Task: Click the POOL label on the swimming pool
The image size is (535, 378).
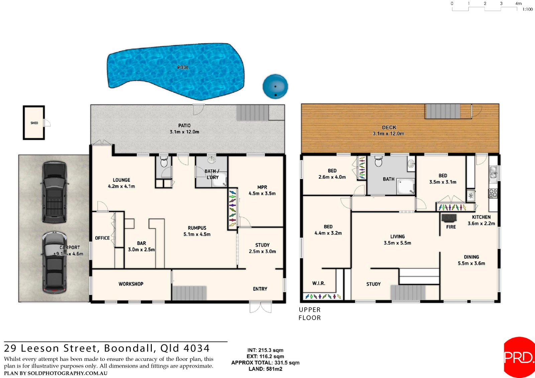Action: coord(183,68)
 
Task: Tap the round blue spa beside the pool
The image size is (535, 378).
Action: coord(275,87)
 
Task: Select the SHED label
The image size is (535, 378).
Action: coord(34,123)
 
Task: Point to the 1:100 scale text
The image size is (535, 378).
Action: coord(527,9)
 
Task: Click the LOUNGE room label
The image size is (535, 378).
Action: coord(121,180)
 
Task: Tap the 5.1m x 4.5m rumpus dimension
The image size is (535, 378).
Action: coord(197,234)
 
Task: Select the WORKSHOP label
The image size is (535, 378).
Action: coord(131,284)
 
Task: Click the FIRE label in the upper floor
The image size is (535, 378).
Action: coord(451,227)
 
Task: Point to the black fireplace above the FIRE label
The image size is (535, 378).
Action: coord(449,218)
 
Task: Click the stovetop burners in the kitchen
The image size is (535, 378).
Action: coord(493,193)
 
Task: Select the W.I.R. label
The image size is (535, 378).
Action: coord(318,283)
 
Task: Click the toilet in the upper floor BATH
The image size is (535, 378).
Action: coord(378,161)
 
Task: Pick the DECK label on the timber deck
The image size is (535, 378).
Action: coord(389,127)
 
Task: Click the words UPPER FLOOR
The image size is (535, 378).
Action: coord(310,313)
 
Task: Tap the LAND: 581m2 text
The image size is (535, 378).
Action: coord(265,369)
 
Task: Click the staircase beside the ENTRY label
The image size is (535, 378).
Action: coord(189,293)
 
